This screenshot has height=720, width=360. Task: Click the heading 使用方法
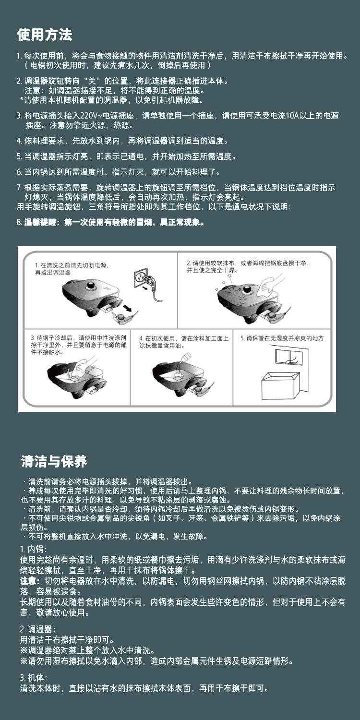coord(44,35)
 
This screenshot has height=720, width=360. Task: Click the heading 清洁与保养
coord(54,461)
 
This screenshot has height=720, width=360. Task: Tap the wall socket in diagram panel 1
coord(141,277)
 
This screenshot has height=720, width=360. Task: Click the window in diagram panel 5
coord(288,357)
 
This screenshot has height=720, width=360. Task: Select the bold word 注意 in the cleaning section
coord(28,581)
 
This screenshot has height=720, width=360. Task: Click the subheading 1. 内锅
coord(34,549)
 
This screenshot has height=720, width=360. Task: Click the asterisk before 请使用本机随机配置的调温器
coord(22,99)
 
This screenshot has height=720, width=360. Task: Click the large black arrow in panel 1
coord(128,309)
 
